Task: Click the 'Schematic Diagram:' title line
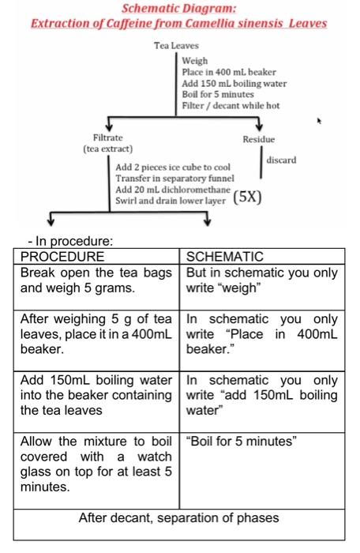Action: click(178, 9)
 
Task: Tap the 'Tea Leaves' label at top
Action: click(174, 47)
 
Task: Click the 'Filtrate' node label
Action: click(108, 137)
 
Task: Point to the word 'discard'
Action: click(281, 160)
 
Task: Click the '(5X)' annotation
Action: click(248, 197)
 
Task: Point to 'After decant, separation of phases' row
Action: click(180, 519)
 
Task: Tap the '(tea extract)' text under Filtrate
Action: click(108, 148)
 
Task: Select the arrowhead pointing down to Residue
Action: click(258, 126)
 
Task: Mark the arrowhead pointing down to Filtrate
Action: click(108, 126)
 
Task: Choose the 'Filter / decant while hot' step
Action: click(230, 105)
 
